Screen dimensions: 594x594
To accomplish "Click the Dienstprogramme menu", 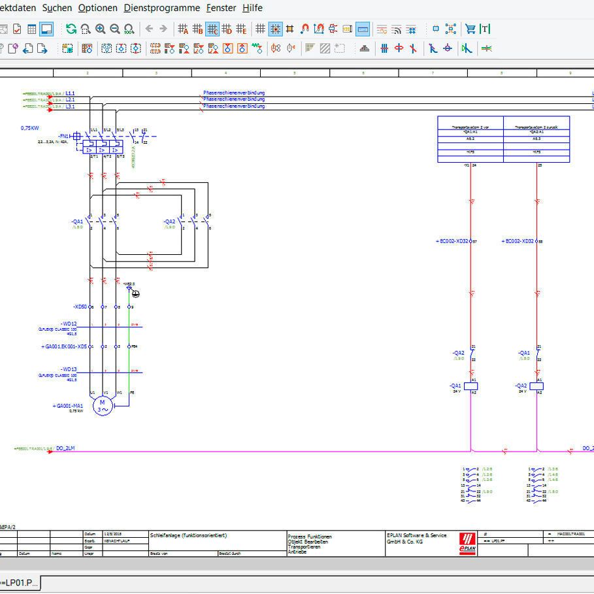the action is tap(161, 8).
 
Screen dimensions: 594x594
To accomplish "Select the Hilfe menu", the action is tap(252, 8).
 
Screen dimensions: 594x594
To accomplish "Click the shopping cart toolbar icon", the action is tap(470, 29).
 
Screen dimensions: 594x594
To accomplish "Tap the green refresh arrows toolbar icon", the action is tap(71, 29).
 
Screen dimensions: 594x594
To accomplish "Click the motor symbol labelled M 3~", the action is tap(102, 406).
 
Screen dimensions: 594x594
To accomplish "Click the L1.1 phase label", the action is tap(70, 93).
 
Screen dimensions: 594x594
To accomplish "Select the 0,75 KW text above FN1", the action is tap(30, 128).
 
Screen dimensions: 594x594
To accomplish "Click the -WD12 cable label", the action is tap(68, 324).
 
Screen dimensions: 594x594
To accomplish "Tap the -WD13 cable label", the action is tap(68, 370).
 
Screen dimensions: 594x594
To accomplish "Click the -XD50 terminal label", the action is tap(80, 306).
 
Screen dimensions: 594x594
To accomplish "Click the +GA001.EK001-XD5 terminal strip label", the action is tap(65, 346).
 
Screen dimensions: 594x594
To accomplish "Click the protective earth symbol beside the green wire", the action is tap(135, 293).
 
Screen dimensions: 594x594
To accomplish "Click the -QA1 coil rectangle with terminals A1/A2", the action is tap(471, 386).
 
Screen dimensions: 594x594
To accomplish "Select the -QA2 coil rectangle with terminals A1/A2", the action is tap(536, 386).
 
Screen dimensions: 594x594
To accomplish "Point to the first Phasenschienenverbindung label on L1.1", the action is tap(235, 93).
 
